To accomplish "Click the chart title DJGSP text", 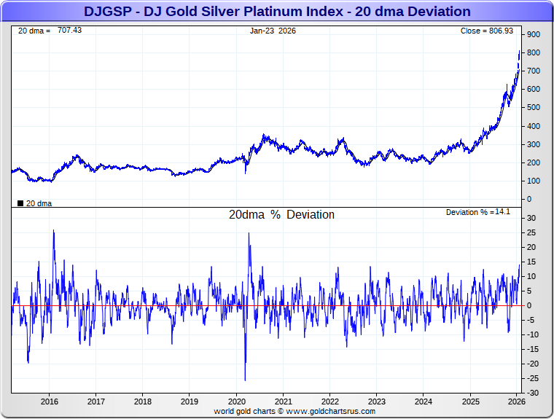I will (277, 12).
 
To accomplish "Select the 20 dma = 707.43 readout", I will (50, 31).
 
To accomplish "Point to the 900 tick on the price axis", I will (534, 35).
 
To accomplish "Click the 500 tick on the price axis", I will (534, 108).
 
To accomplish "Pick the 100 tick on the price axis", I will (534, 181).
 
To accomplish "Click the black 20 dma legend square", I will (20, 203).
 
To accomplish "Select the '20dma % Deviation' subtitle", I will (281, 215).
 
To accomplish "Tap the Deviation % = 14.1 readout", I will (479, 212).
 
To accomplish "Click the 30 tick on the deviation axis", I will (532, 218).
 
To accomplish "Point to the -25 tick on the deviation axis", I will (532, 378).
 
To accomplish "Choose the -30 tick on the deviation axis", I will (532, 393).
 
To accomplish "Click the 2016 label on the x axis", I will (50, 402).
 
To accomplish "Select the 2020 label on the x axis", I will (237, 402).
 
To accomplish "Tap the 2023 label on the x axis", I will (377, 402).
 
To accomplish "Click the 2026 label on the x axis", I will (516, 402).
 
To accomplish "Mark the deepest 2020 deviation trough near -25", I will (245, 380).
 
